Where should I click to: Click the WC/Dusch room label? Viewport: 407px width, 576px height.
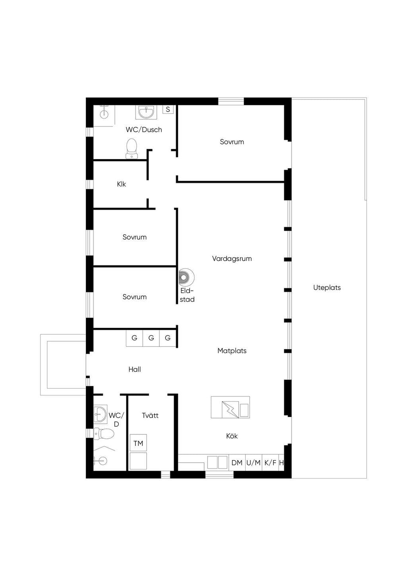(144, 130)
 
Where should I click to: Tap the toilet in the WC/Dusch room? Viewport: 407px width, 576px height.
(132, 149)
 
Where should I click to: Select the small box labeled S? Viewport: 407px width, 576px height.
(168, 109)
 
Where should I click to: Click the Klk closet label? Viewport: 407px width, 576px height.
(121, 184)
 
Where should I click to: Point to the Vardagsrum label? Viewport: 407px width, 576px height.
(232, 259)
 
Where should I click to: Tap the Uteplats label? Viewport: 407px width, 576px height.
(327, 288)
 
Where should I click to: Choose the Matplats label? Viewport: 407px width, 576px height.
(232, 351)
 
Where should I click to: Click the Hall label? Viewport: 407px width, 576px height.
(135, 370)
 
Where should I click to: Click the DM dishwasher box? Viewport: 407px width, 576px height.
(237, 463)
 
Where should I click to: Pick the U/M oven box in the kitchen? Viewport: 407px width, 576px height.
(254, 463)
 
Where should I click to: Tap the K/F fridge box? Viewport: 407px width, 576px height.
(270, 463)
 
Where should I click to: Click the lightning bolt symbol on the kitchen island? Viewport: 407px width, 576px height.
(230, 409)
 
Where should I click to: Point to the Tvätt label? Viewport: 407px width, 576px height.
(150, 416)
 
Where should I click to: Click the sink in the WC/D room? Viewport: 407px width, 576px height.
(100, 414)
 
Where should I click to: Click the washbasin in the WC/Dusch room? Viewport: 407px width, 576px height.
(146, 112)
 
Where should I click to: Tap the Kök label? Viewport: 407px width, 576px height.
(232, 436)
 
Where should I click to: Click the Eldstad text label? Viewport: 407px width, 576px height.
(187, 295)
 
